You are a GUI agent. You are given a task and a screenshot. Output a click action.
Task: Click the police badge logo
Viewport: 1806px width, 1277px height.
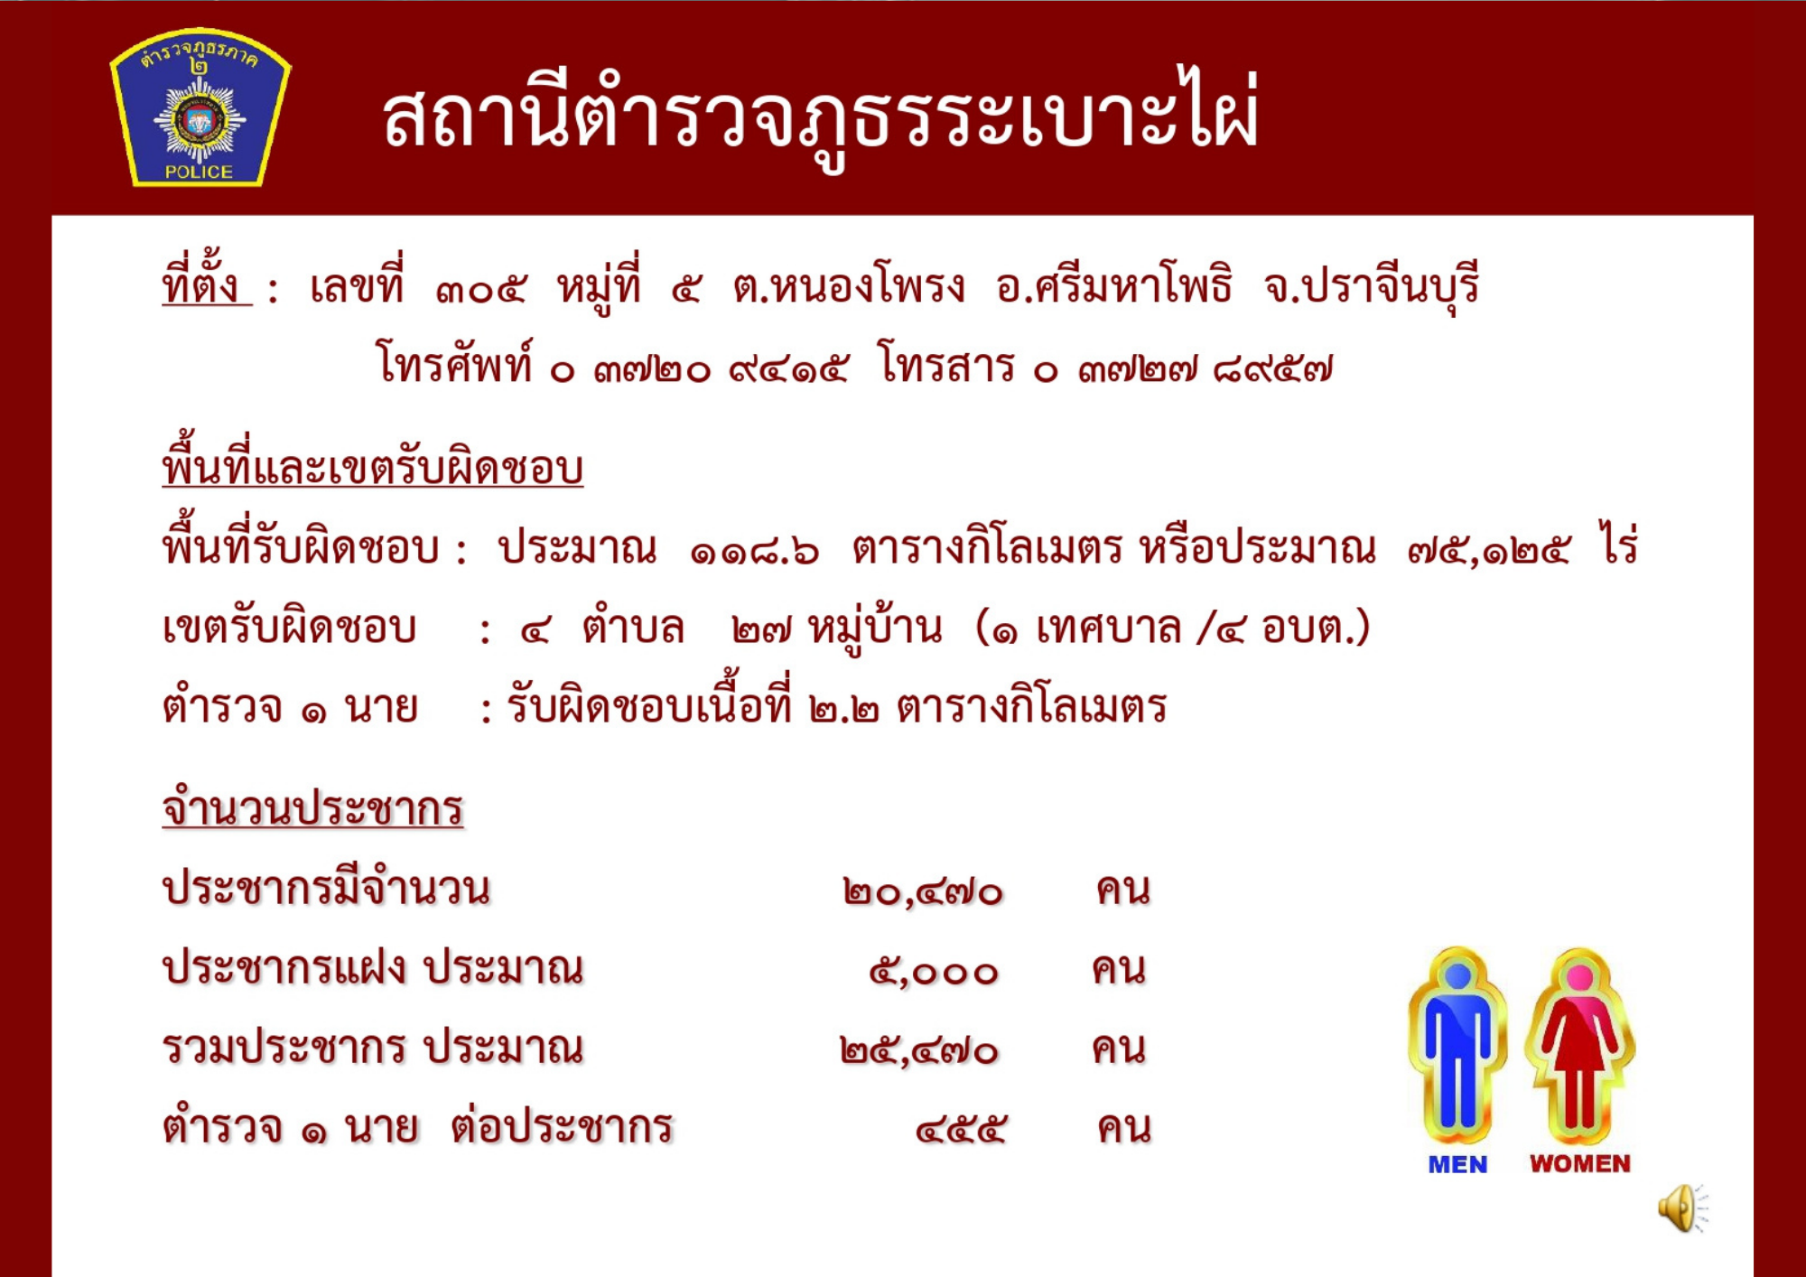click(x=200, y=107)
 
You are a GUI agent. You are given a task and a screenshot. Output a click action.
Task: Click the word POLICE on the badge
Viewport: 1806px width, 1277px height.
click(x=199, y=172)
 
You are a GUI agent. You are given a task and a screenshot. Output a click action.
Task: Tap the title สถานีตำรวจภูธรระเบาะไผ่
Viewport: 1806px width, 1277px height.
click(x=820, y=116)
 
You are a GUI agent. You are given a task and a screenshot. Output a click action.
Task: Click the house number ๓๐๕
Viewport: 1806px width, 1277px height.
click(x=480, y=290)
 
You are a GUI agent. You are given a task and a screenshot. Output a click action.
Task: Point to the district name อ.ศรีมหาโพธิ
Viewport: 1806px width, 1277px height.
click(x=1114, y=285)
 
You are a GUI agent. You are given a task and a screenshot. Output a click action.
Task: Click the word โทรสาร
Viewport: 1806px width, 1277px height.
click(x=947, y=366)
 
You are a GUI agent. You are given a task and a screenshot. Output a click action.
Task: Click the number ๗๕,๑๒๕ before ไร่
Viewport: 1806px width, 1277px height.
click(x=1489, y=549)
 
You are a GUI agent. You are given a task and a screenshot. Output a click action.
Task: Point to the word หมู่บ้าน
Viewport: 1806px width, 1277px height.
click(x=875, y=626)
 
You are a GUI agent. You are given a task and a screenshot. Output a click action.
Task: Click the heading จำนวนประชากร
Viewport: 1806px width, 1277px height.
click(x=312, y=806)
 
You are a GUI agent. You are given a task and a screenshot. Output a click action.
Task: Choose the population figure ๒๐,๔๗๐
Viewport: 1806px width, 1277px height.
click(x=923, y=892)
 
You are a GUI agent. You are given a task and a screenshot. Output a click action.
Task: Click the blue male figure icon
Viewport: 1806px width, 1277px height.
click(x=1457, y=1046)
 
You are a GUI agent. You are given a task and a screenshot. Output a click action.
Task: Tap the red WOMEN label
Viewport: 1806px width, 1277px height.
click(x=1580, y=1164)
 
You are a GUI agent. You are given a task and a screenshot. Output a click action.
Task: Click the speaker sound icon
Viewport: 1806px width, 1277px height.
click(x=1681, y=1207)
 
